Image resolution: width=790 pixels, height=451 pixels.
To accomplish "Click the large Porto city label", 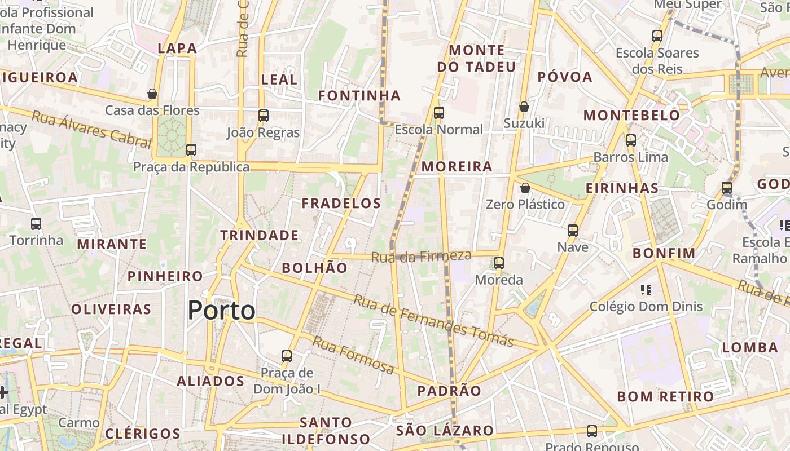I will [221, 311].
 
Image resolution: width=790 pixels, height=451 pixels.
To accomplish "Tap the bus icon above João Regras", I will [263, 116].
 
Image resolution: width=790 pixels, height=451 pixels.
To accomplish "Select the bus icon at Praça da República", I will [191, 150].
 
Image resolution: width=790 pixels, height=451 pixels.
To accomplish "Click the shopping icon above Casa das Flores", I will [152, 94].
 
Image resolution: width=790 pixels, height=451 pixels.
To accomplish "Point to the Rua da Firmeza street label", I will [421, 256].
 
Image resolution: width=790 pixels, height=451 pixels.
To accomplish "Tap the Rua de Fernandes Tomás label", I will [433, 320].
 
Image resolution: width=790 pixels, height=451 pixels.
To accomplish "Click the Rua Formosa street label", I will [353, 355].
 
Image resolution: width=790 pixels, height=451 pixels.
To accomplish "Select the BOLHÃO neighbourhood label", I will [314, 268].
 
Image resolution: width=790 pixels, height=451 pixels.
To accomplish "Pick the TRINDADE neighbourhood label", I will [259, 235].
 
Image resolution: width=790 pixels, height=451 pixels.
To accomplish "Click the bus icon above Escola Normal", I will [439, 113].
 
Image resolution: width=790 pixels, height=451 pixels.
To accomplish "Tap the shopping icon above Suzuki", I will [524, 107].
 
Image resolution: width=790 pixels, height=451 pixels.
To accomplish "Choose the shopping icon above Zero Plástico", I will [525, 188].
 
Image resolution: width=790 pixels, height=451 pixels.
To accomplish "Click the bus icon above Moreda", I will [499, 263].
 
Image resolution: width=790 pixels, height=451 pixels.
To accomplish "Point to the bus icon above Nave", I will [573, 231].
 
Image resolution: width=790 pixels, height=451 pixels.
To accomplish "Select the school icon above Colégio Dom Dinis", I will [646, 290].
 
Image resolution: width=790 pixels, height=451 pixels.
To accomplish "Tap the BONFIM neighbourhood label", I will [662, 253].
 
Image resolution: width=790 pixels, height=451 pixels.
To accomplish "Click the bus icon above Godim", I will [727, 188].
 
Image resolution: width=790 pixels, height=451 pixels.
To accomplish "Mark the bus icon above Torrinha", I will [36, 224].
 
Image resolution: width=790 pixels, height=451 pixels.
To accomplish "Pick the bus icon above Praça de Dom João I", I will [287, 356].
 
